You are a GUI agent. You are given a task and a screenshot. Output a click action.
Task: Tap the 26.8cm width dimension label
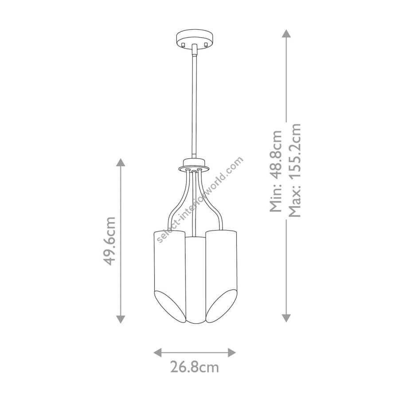click(195, 367)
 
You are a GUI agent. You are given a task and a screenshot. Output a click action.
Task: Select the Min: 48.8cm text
click(276, 171)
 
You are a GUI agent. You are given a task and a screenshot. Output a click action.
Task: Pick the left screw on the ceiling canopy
click(182, 45)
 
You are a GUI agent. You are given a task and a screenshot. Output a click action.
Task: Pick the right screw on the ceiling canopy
click(206, 45)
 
